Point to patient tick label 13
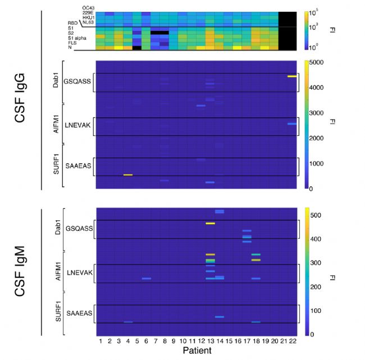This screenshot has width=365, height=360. coord(210,341)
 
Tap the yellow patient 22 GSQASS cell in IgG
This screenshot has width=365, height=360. coord(291,76)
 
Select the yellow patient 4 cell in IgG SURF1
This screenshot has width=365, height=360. coord(128,175)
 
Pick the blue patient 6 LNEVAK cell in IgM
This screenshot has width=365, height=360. coord(147,279)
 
